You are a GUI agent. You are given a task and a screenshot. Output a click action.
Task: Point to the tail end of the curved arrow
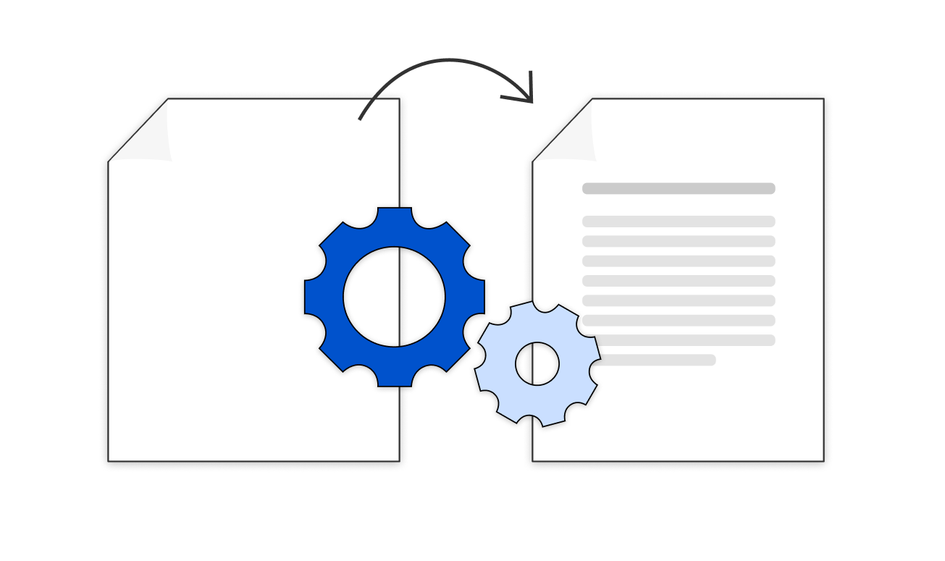tap(361, 118)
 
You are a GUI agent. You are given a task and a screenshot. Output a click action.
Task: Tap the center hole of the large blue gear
tap(394, 297)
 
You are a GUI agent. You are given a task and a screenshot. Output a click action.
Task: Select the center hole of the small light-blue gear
tap(537, 363)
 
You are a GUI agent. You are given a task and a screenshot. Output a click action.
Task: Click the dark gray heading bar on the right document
tap(679, 189)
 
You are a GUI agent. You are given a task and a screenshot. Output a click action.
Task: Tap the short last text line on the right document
tap(655, 360)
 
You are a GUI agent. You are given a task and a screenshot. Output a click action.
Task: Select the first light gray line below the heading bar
tap(679, 222)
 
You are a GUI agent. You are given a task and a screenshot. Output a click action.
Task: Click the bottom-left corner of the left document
tap(109, 460)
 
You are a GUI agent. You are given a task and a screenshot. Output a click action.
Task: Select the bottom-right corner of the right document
tap(823, 460)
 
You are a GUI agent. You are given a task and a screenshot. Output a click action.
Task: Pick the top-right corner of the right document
tap(823, 99)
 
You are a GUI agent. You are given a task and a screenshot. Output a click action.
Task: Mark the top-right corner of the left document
tap(399, 99)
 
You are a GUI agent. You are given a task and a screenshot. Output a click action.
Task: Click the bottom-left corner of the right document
tap(533, 460)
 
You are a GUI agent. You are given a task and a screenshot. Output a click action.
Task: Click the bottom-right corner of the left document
tap(399, 460)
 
